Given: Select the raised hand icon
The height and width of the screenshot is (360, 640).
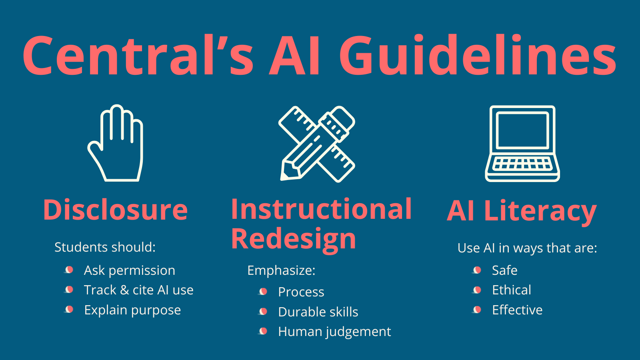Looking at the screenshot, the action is (116, 143).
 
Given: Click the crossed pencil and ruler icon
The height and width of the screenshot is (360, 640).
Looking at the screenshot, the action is (317, 144).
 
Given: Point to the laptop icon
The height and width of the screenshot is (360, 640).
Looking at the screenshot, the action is (522, 144).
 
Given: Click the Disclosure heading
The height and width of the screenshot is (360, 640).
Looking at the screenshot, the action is (116, 210).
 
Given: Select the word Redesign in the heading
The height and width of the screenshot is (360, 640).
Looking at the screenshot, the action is (294, 240).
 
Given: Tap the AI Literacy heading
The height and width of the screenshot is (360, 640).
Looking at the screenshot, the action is (522, 212).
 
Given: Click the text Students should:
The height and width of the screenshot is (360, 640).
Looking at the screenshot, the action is (105, 247).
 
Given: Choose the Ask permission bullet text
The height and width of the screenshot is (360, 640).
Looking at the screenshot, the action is (130, 270).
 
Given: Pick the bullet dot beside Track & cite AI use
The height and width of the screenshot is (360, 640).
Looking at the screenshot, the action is (69, 290).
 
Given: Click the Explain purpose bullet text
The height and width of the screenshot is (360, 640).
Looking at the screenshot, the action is (132, 310).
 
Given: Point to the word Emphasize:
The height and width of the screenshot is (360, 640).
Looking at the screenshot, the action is (282, 270).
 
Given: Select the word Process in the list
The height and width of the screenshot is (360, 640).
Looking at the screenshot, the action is (301, 292).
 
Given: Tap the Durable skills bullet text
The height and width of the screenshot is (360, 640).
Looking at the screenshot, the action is (318, 312).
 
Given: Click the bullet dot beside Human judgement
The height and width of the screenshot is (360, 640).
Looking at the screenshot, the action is (263, 331).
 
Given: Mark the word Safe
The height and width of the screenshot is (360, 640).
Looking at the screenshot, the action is (504, 270).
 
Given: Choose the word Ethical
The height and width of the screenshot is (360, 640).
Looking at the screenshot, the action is (512, 290).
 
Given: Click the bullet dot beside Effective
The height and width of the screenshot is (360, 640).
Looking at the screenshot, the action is (477, 310).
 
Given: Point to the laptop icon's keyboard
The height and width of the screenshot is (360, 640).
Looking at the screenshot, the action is (522, 164).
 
